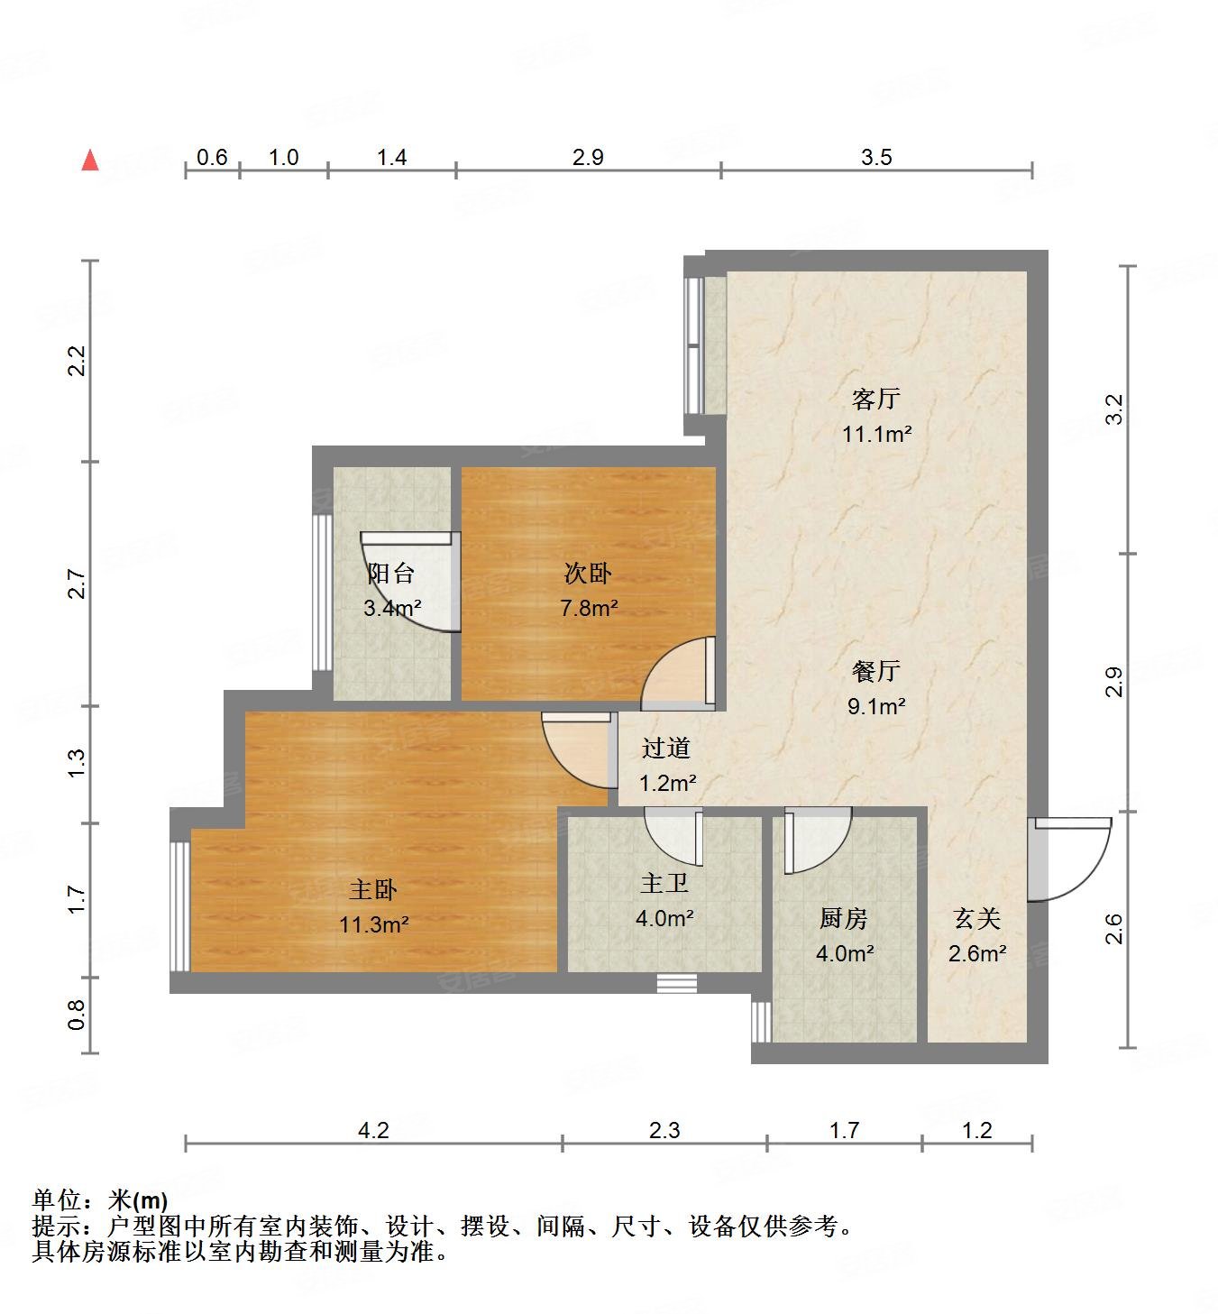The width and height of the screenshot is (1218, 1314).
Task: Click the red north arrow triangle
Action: (x=90, y=161)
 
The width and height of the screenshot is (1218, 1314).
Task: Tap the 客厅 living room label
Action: (x=875, y=399)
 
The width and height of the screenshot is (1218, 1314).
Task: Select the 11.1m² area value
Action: (x=876, y=434)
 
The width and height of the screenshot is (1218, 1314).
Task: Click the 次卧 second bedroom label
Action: (x=588, y=573)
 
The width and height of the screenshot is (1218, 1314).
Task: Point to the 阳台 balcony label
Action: (x=391, y=573)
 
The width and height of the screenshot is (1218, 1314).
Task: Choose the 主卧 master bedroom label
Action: (x=373, y=890)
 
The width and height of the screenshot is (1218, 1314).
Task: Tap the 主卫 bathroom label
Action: (x=664, y=884)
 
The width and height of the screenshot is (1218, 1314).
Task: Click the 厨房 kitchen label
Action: (x=844, y=918)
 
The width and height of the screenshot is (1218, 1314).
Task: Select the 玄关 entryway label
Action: (x=977, y=918)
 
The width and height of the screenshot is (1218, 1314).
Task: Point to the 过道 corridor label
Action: (x=666, y=748)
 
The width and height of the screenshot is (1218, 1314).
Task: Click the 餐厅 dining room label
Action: (x=875, y=671)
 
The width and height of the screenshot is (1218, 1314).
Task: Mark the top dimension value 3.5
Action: (x=876, y=158)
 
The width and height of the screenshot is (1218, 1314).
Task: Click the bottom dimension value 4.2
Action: (x=373, y=1130)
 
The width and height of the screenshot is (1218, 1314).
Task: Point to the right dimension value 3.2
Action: (x=1115, y=409)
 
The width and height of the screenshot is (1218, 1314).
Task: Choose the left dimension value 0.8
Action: (x=78, y=1015)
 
